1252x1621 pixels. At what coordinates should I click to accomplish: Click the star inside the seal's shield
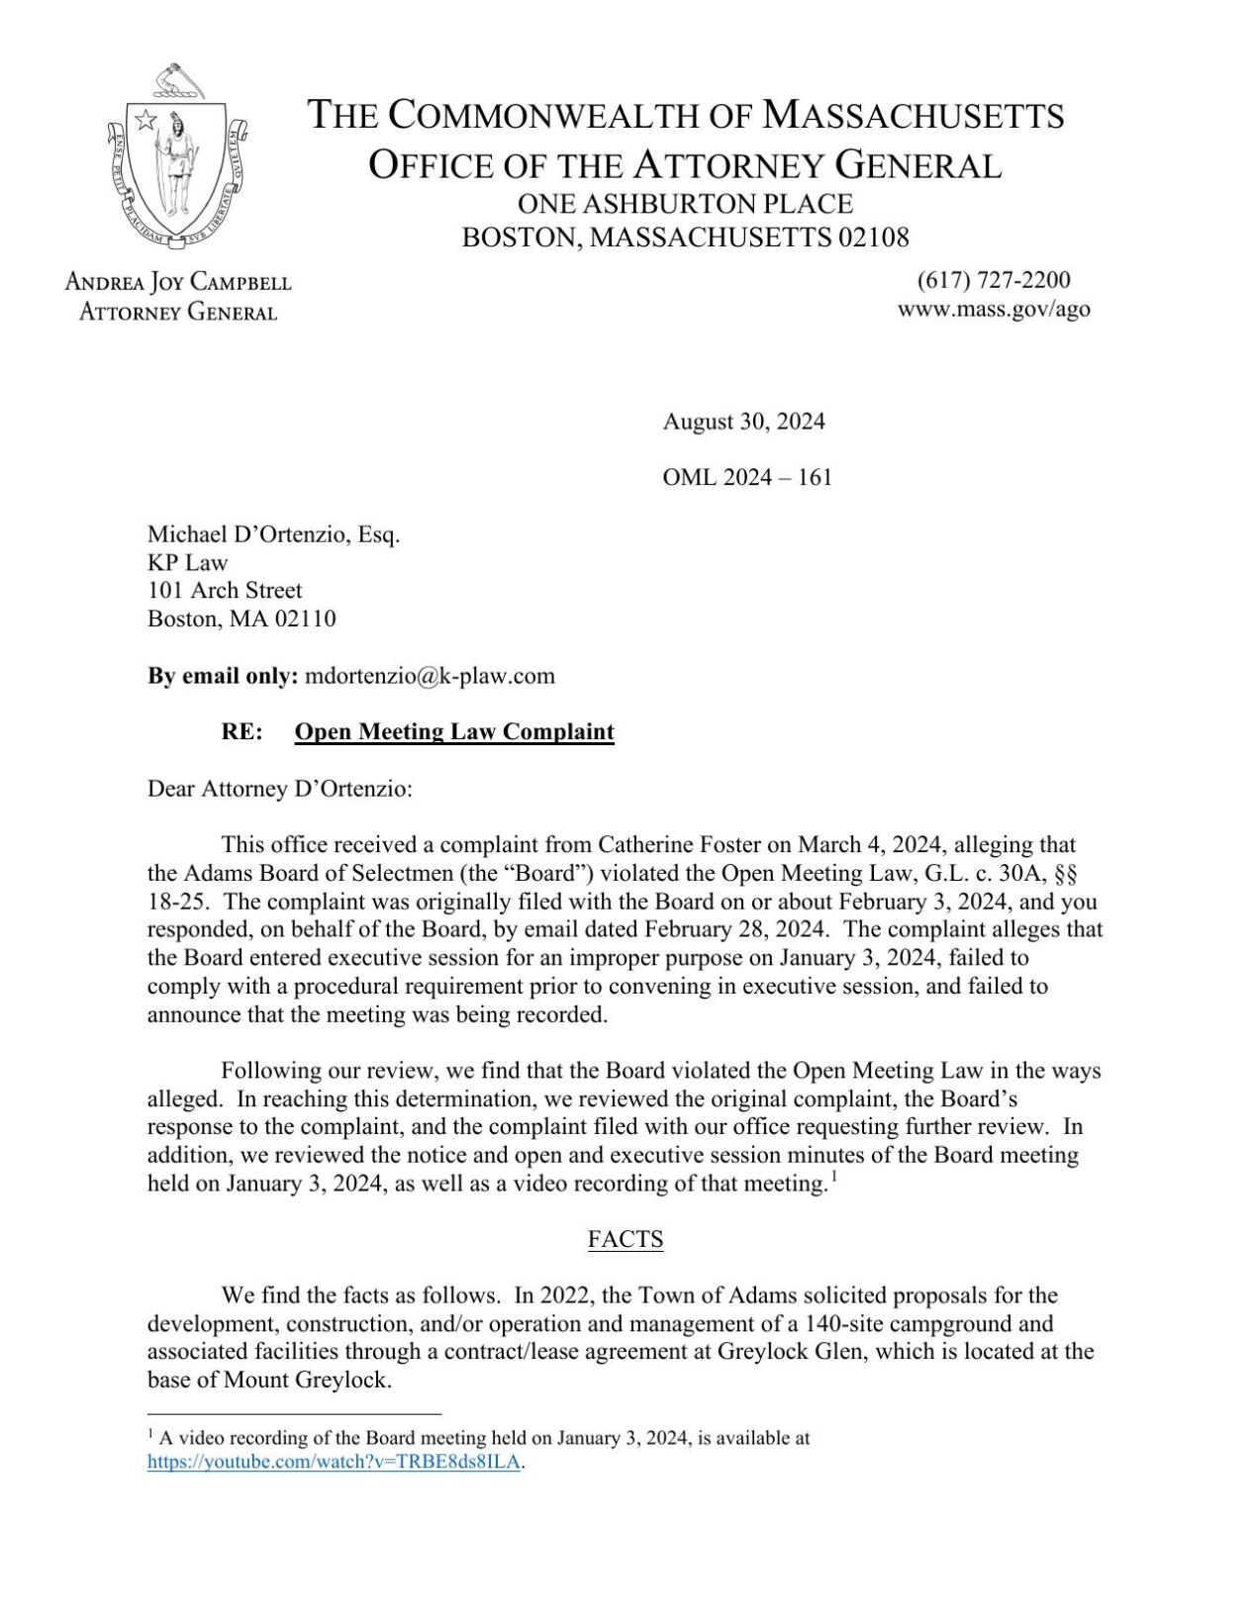point(145,121)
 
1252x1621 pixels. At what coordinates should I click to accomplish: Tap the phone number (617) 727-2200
point(994,280)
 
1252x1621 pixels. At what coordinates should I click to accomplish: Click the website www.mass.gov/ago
point(994,309)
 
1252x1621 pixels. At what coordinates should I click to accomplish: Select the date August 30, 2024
point(743,422)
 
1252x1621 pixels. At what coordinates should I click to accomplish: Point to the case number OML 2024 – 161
point(747,477)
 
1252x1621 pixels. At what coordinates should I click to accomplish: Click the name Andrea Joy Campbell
point(178,282)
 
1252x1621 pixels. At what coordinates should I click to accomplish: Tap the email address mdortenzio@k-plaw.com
point(430,676)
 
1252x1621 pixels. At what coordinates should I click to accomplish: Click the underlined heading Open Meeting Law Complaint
point(454,731)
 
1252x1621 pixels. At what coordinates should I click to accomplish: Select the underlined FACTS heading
point(625,1239)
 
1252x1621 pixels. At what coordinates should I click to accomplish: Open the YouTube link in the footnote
point(334,1462)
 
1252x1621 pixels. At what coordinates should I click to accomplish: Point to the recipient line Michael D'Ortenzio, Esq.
point(273,534)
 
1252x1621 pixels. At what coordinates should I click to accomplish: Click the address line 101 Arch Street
point(225,591)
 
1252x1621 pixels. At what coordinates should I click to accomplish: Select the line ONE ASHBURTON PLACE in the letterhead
point(685,204)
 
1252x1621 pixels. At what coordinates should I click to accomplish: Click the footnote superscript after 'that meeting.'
point(834,1177)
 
